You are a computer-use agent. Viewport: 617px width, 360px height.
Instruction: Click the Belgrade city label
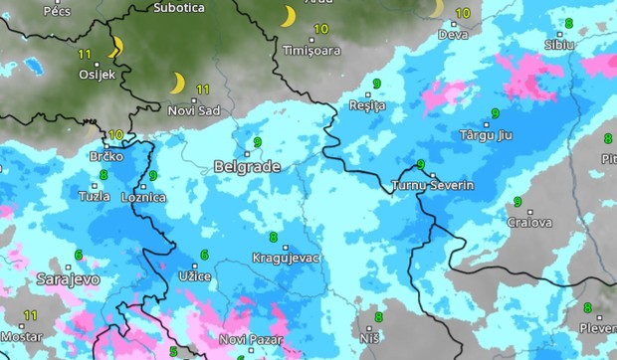[247, 167]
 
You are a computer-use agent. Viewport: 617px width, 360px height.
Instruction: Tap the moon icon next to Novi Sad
[179, 83]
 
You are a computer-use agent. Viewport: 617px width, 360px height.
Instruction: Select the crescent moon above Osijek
[115, 46]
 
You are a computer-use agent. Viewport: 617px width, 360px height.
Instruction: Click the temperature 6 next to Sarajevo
[78, 255]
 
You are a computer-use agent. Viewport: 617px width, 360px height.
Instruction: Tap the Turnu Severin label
[434, 186]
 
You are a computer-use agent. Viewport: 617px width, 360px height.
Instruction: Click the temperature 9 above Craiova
[517, 202]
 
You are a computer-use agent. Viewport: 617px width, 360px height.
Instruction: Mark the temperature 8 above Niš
[378, 317]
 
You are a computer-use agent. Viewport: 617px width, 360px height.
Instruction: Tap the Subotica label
[179, 7]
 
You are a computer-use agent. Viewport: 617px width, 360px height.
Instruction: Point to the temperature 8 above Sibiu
[568, 23]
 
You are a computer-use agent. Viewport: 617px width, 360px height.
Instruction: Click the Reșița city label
[368, 105]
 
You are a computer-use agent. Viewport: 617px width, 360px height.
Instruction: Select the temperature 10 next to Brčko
[116, 134]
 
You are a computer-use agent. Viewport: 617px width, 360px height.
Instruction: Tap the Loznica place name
[142, 198]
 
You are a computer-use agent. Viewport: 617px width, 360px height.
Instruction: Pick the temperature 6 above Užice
[205, 255]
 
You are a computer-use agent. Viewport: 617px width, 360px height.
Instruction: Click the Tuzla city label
[95, 196]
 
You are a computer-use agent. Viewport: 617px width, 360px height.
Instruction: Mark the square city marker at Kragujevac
[286, 247]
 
